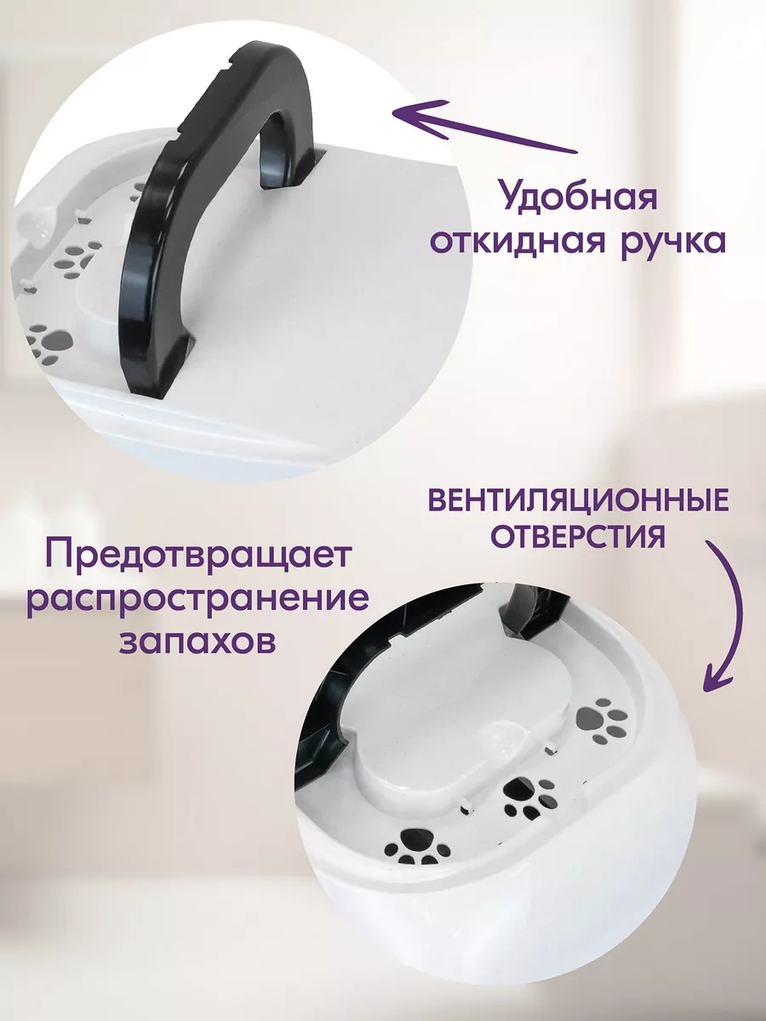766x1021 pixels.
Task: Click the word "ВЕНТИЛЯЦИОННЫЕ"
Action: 579,501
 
